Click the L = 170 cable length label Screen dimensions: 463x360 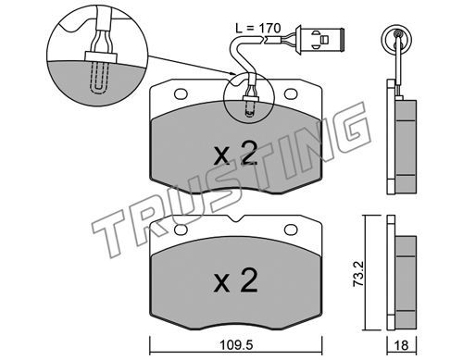pos(258,29)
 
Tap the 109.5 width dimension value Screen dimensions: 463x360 pos(236,345)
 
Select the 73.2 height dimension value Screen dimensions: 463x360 pos(358,274)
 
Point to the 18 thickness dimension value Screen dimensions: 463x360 pos(401,345)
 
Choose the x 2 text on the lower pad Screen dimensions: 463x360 pos(235,280)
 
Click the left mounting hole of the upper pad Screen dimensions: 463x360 pos(181,94)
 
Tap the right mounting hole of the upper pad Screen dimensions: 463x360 pos(291,94)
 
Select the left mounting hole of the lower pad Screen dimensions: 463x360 pos(181,230)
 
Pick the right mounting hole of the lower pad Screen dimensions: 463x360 pos(291,230)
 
